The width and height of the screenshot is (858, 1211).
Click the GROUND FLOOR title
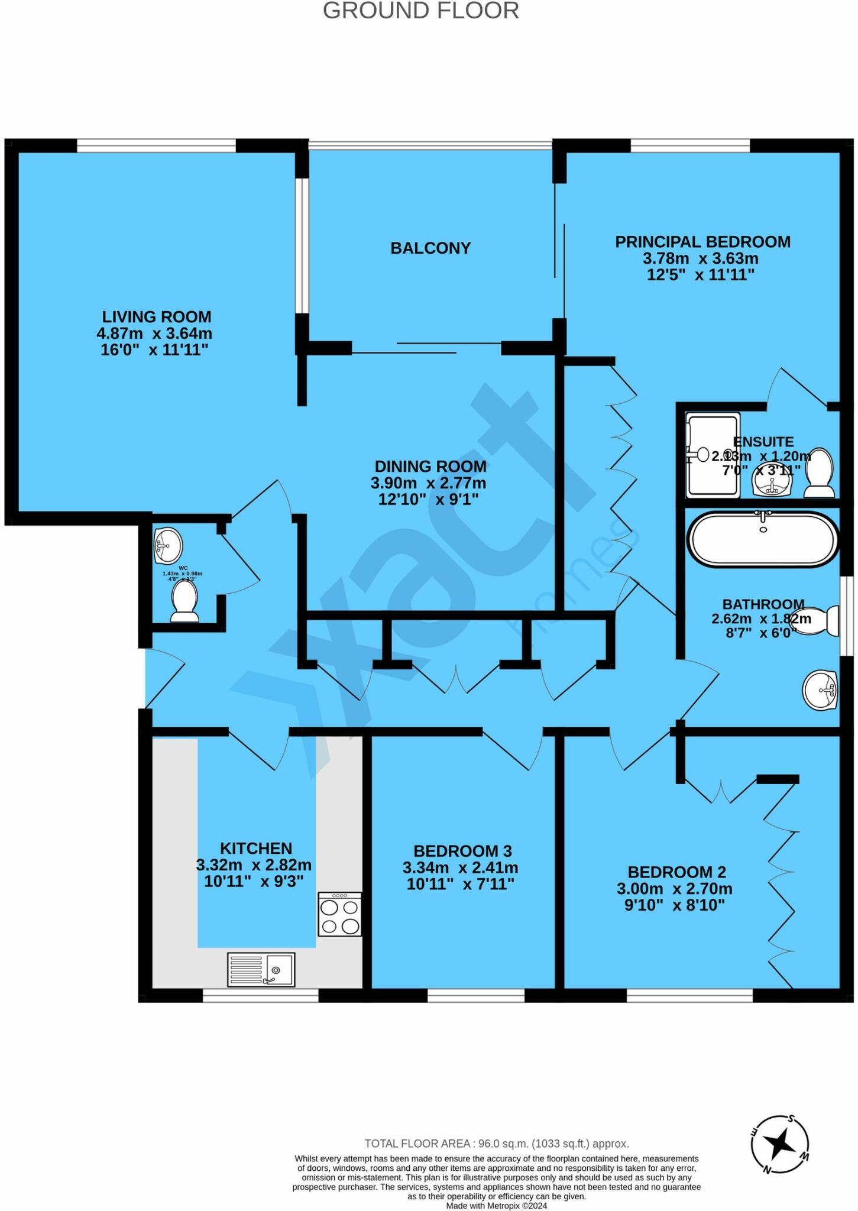pos(420,11)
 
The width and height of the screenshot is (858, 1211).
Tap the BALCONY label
pos(430,248)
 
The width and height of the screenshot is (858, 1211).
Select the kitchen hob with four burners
pos(340,914)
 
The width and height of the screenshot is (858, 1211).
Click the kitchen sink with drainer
pos(261,970)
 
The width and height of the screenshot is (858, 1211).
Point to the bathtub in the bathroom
pos(763,539)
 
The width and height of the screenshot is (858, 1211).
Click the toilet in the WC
pos(184,601)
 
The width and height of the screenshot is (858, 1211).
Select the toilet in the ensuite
pos(820,473)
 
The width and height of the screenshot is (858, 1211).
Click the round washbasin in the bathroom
pos(820,689)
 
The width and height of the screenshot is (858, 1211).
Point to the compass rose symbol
pos(781,1145)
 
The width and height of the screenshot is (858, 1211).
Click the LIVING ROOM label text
pos(157,317)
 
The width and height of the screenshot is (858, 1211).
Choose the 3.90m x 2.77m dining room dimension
pos(428,483)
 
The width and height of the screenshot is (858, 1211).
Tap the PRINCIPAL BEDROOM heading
pos(702,242)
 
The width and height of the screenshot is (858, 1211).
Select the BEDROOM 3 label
pos(462,851)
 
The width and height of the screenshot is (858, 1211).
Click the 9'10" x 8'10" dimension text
pos(674,905)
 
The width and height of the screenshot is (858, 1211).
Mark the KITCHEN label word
pos(256,848)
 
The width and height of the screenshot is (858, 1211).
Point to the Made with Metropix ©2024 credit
pos(496,1206)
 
